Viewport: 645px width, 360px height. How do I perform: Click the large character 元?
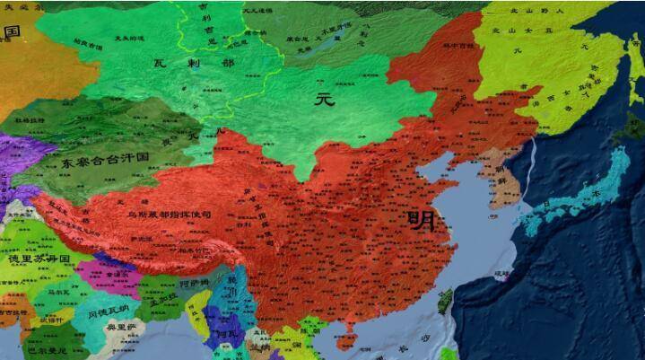[x=324, y=99]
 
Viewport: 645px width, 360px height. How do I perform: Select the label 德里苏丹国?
[x=39, y=259]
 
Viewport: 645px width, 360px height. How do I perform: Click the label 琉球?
[x=500, y=272]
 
